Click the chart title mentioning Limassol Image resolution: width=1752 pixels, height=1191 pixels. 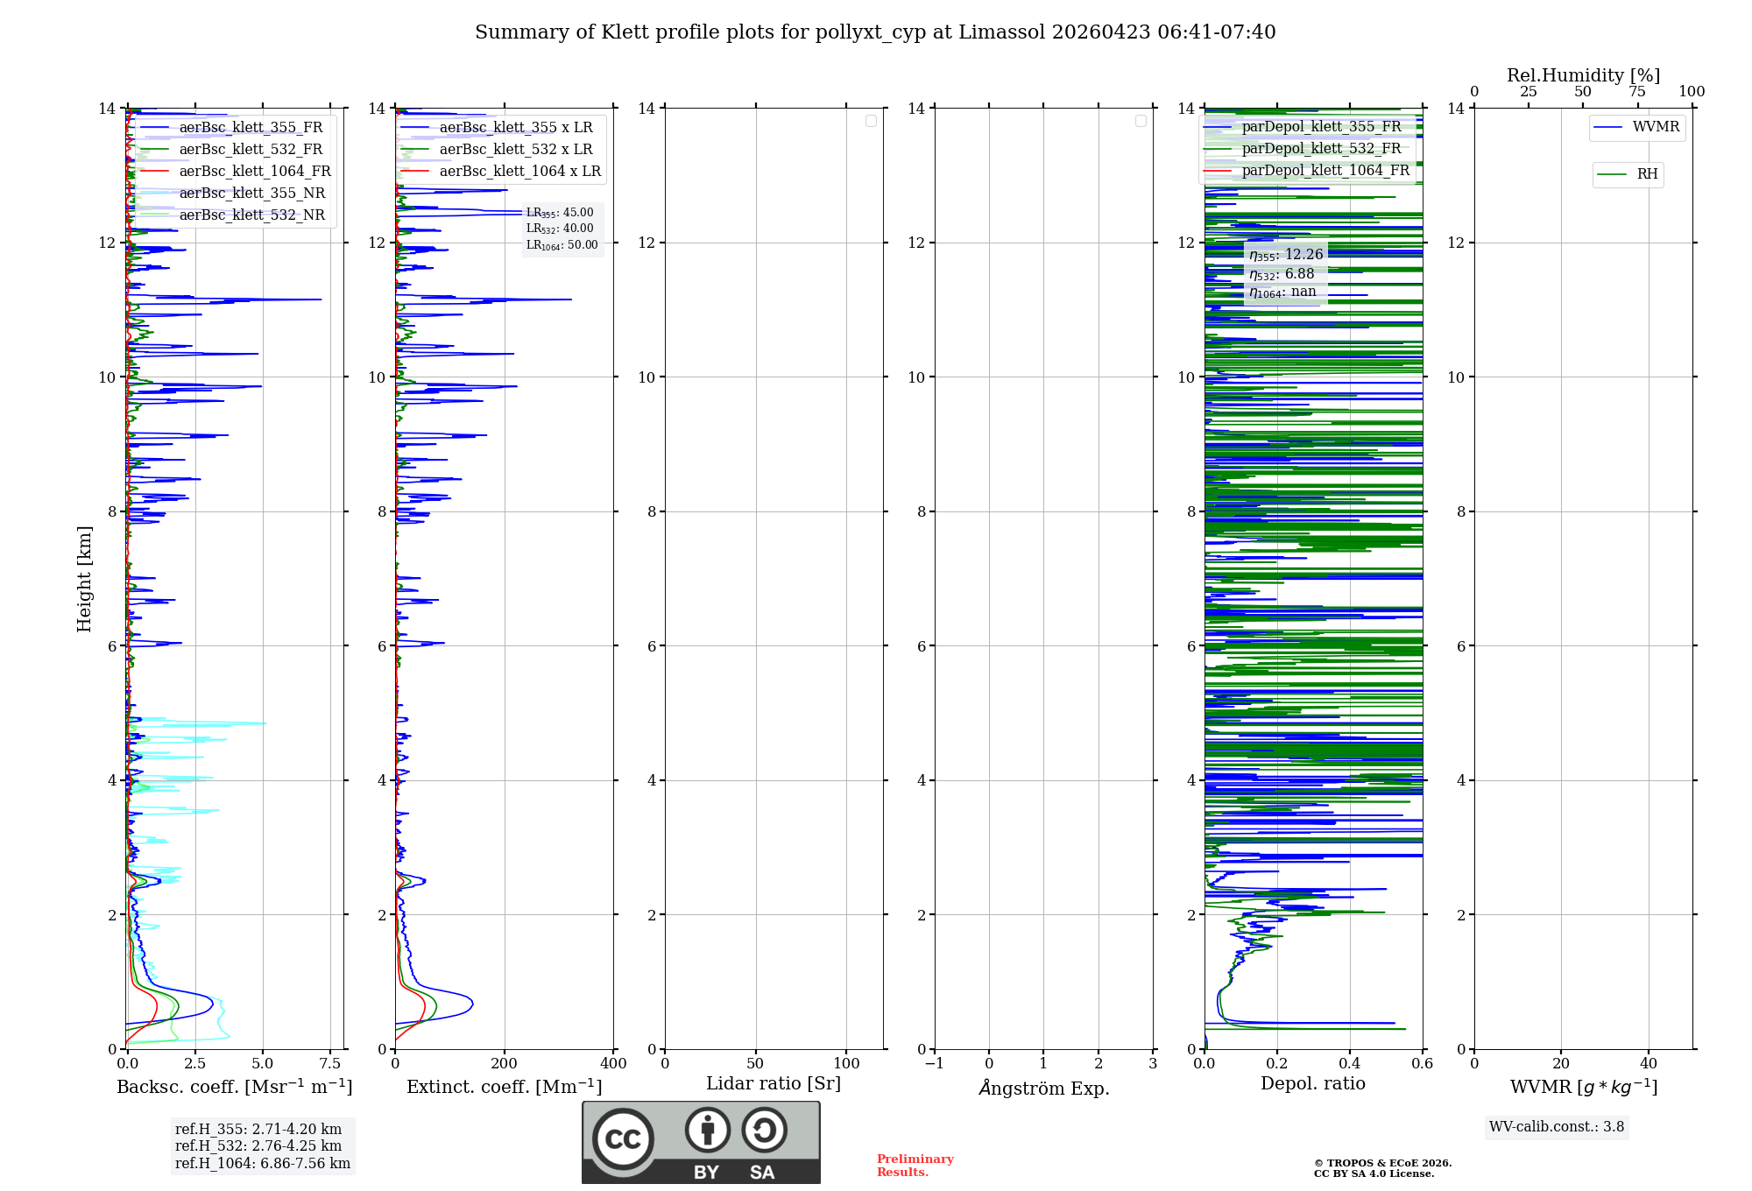875,32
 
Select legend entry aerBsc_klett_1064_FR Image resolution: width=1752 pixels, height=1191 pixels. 254,171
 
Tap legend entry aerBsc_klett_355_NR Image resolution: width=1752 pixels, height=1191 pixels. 251,193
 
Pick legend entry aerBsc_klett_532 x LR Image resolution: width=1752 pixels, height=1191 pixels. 515,149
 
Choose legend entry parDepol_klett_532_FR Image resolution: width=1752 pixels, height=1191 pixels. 1321,148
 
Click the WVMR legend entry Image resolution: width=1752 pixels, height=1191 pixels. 1655,127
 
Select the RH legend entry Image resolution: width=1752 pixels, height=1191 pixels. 1646,174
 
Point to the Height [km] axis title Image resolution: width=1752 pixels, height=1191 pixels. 84,579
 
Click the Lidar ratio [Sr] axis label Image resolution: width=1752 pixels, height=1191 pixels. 774,1083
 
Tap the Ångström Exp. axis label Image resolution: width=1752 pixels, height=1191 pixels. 1043,1088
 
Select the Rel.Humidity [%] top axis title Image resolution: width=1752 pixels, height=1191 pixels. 1583,75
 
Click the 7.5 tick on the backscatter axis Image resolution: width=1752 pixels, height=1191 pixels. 330,1063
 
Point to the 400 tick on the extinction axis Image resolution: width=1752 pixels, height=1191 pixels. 613,1063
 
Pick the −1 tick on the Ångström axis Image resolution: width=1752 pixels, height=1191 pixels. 935,1063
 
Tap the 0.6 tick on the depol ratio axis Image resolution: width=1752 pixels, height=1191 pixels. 1422,1063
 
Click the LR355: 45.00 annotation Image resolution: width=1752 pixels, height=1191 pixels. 560,213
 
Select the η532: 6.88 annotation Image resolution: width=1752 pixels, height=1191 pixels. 1282,274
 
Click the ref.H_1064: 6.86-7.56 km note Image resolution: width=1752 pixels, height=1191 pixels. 263,1163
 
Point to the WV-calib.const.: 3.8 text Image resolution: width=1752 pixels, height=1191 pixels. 1557,1126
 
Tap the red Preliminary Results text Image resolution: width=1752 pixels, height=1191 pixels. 915,1165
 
